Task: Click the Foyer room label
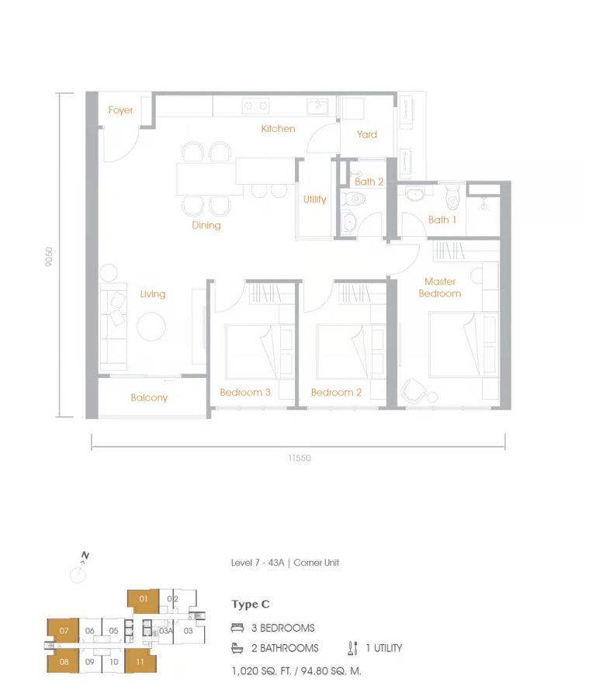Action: (120, 110)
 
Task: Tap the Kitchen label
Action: (278, 128)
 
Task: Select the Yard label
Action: (367, 134)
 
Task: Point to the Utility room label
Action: (314, 199)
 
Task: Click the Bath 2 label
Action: (369, 182)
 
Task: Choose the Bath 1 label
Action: (442, 220)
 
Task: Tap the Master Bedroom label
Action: (440, 287)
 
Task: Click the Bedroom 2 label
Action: (336, 393)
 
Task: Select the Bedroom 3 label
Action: (245, 393)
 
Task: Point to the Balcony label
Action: (149, 397)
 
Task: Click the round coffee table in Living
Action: (152, 326)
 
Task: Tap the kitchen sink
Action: (317, 106)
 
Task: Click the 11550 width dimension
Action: (299, 459)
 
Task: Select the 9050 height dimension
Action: (49, 257)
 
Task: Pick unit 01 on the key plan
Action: (144, 599)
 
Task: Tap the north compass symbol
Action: (78, 573)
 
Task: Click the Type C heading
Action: (250, 605)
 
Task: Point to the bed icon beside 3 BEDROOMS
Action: (237, 628)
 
